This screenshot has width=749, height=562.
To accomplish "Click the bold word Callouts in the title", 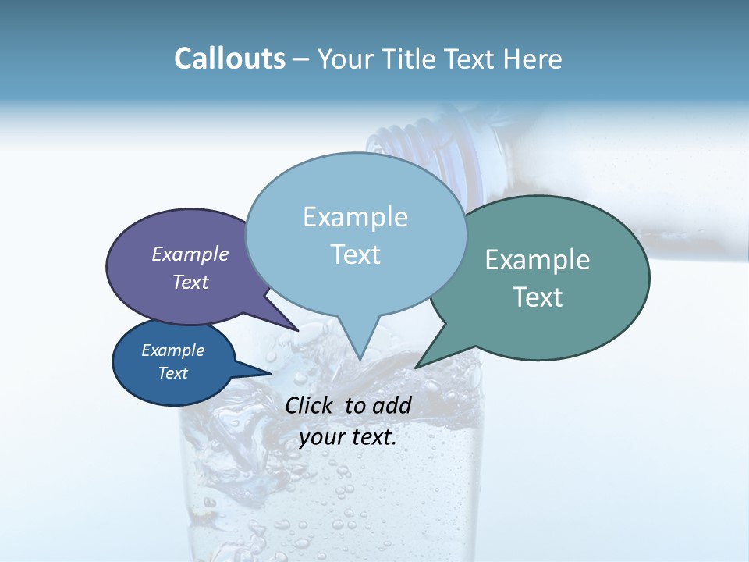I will pyautogui.click(x=229, y=59).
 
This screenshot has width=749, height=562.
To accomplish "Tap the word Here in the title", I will pyautogui.click(x=532, y=59).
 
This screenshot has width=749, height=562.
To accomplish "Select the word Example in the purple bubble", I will pyautogui.click(x=190, y=254).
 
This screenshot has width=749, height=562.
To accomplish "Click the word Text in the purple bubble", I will pyautogui.click(x=190, y=282).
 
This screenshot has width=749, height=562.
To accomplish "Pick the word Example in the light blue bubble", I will pyautogui.click(x=355, y=217).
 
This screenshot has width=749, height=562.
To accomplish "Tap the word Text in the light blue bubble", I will pyautogui.click(x=355, y=254).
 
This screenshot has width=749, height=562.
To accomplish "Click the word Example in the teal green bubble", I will pyautogui.click(x=538, y=260).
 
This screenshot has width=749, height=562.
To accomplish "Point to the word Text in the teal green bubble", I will pyautogui.click(x=538, y=297).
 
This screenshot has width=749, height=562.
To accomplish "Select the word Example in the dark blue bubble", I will pyautogui.click(x=173, y=350).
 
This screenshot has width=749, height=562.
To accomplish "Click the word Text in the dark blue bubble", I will pyautogui.click(x=173, y=373).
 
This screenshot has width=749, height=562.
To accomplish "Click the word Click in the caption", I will pyautogui.click(x=311, y=405).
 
